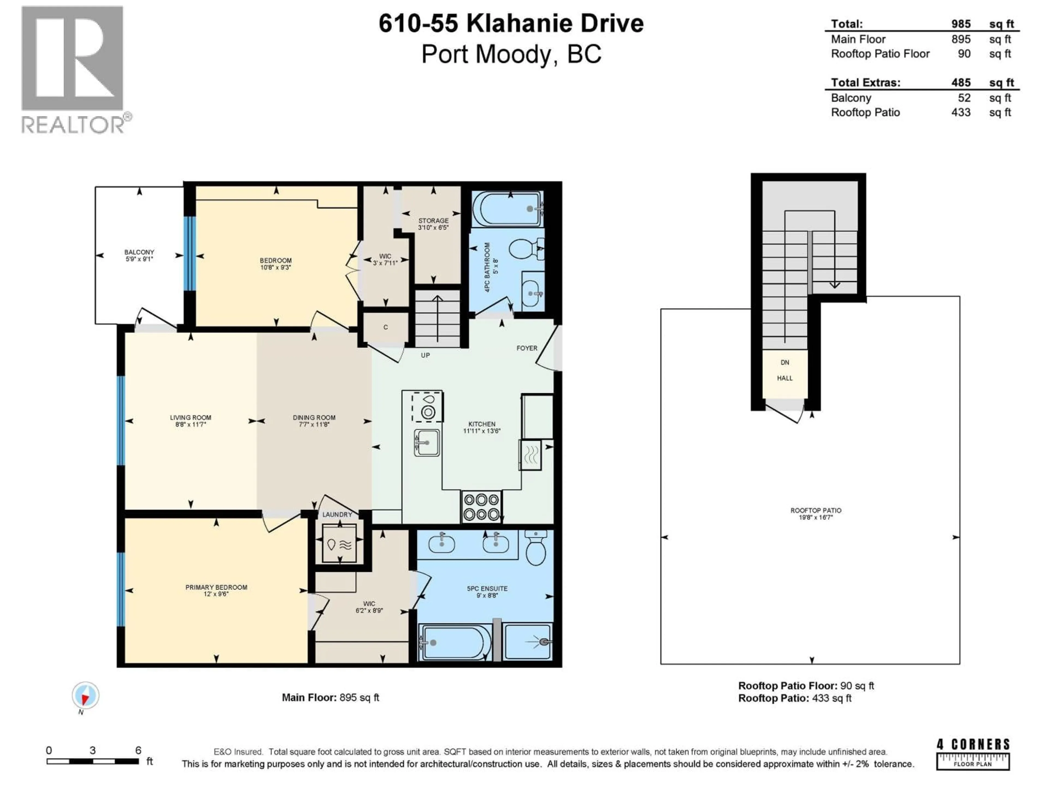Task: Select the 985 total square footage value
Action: (961, 24)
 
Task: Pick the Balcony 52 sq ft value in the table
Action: (964, 98)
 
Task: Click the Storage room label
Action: (433, 221)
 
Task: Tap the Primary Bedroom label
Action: (216, 587)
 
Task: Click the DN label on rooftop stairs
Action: (785, 362)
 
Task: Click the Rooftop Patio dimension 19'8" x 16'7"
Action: (816, 517)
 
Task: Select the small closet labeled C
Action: (385, 327)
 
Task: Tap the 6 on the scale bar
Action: (138, 750)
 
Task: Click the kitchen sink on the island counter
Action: (427, 443)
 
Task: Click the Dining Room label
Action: (314, 418)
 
